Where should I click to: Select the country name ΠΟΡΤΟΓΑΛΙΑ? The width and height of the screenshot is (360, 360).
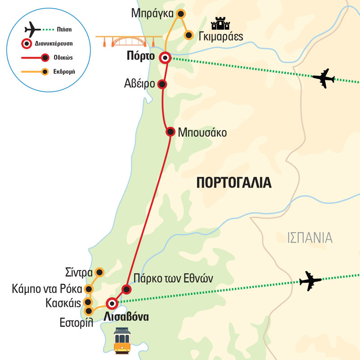(234, 183)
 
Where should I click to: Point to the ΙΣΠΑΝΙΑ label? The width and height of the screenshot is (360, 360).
(310, 238)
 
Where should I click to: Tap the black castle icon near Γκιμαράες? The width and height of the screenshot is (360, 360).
(220, 24)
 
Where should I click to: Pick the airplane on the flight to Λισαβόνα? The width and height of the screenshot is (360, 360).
(310, 281)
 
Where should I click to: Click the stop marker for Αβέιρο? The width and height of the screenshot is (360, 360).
(162, 84)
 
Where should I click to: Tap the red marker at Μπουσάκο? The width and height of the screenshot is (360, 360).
(170, 132)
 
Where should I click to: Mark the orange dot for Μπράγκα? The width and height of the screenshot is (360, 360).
(180, 14)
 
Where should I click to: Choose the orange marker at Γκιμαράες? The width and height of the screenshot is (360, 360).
(189, 35)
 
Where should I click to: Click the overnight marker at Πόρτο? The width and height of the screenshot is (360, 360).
(166, 58)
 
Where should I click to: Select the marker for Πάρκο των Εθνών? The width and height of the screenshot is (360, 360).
(126, 289)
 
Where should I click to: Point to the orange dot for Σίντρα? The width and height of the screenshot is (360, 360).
(99, 272)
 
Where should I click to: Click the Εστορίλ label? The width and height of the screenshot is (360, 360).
(75, 323)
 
